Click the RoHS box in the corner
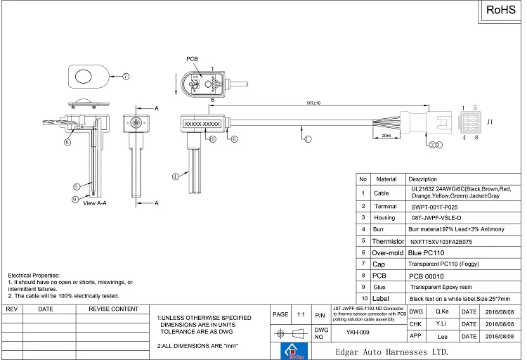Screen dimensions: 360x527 [501, 11]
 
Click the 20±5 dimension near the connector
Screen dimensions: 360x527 [386, 135]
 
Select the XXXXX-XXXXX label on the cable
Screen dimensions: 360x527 [202, 124]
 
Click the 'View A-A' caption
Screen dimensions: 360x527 [95, 202]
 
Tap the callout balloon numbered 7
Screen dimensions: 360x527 [126, 76]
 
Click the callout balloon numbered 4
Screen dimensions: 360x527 [175, 177]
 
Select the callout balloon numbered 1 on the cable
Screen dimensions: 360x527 [307, 139]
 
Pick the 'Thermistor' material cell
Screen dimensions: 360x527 [388, 241]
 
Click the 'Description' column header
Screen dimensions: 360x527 [423, 179]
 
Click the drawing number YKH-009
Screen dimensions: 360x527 [358, 333]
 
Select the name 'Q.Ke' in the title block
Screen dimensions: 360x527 [442, 311]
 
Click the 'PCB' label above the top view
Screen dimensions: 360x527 [193, 59]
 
